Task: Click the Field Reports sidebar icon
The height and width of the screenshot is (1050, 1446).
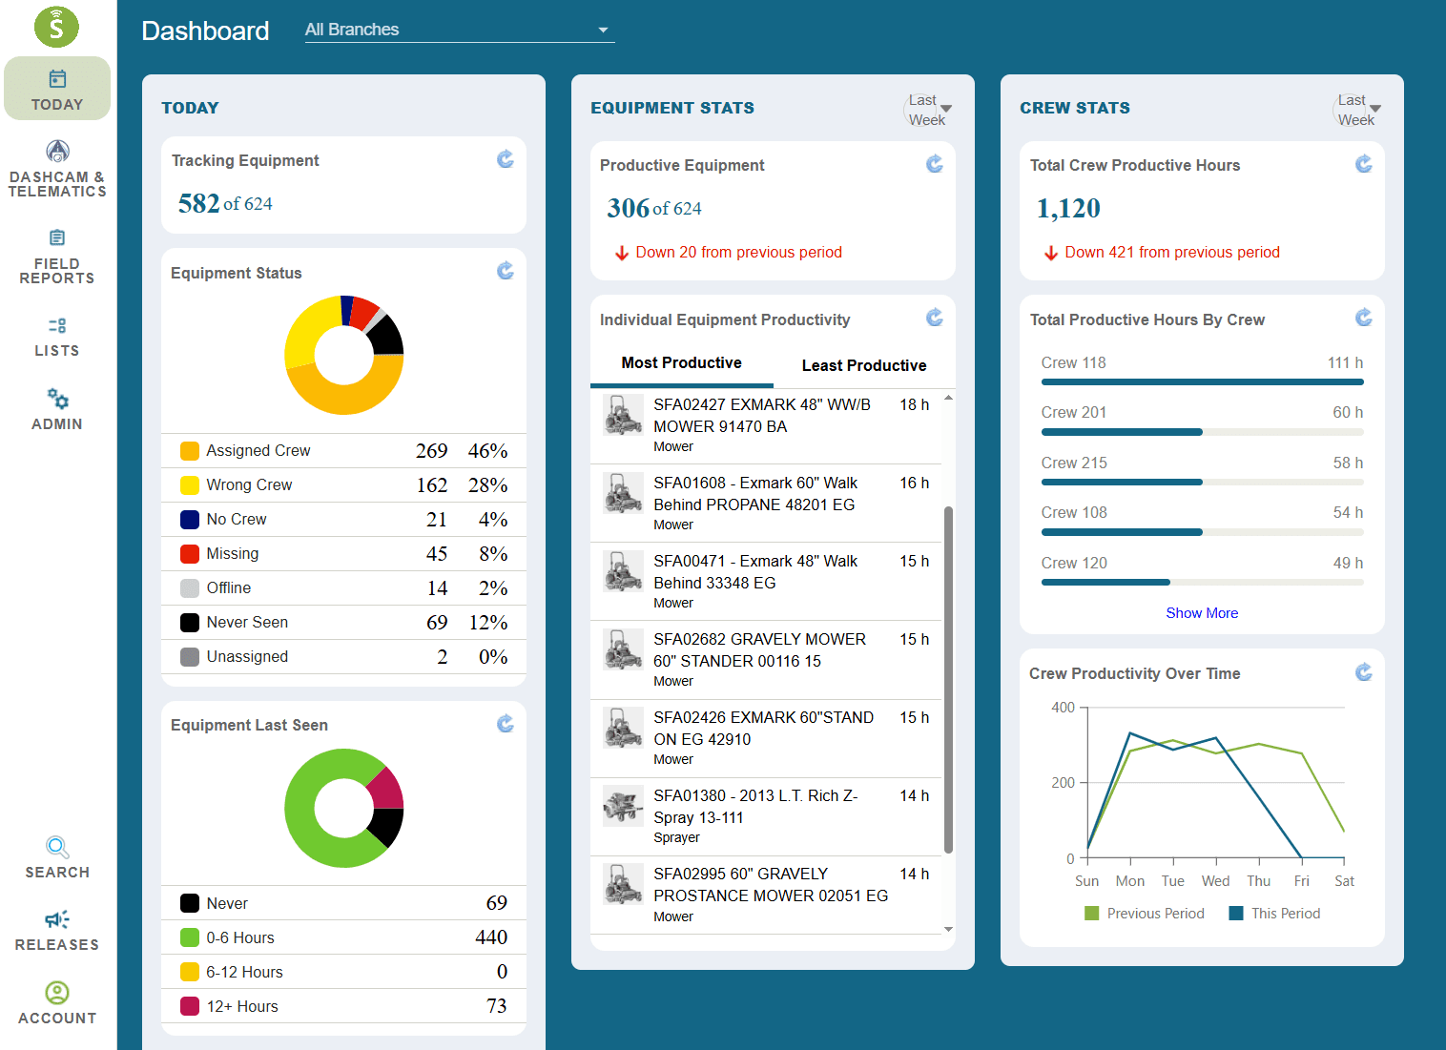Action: point(57,237)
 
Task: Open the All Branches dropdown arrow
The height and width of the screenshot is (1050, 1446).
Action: point(603,30)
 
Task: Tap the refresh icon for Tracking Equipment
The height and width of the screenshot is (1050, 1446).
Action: point(505,159)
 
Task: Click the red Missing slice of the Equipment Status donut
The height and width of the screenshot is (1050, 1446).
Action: point(362,313)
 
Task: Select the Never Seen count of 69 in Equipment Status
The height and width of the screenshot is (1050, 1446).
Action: point(437,622)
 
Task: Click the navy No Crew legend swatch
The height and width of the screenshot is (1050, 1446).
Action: point(189,520)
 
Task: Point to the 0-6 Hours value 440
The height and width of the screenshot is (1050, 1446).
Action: point(490,937)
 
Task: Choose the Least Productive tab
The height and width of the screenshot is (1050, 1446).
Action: point(864,365)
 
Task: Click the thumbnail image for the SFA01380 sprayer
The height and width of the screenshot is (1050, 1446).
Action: point(623,806)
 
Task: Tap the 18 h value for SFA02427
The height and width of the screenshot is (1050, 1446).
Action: point(914,404)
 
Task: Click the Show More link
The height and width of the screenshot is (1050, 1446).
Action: point(1201,613)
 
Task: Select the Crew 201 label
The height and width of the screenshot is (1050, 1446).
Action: point(1073,412)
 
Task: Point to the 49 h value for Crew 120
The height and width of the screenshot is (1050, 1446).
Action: point(1348,563)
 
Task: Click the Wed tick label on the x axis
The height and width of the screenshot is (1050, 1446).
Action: point(1215,881)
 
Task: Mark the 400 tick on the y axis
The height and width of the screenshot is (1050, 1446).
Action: point(1063,708)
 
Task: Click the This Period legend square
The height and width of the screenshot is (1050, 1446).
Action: point(1235,914)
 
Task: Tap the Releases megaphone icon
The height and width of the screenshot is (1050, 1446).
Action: point(57,919)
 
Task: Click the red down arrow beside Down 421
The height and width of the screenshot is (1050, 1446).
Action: point(1051,253)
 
